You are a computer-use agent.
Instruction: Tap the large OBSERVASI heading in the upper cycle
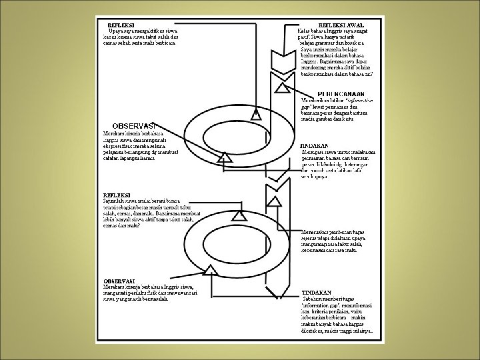pos(133,125)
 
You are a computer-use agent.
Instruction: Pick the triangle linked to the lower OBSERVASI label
pos(212,269)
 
